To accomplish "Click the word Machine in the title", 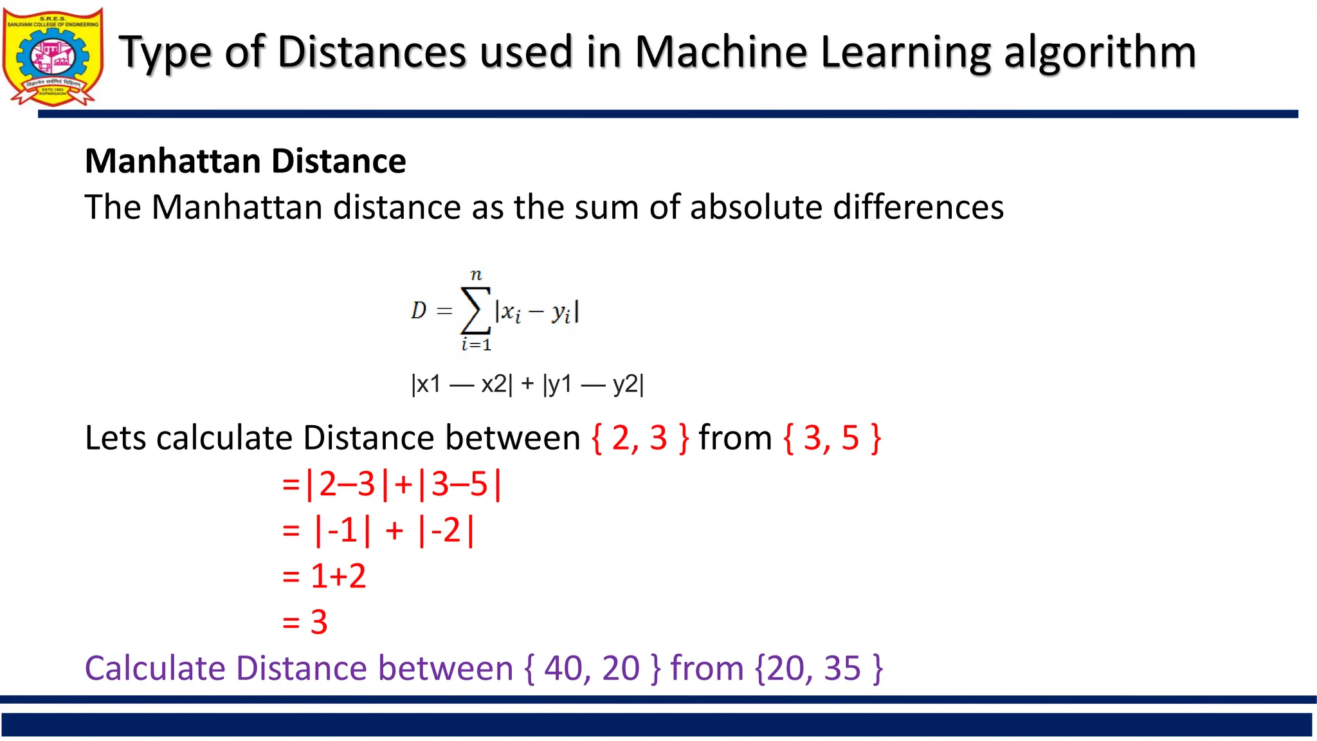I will click(x=721, y=51).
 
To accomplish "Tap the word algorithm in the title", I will click(x=1100, y=51).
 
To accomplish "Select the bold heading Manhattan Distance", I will click(x=245, y=161).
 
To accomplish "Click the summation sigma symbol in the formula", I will click(x=476, y=311).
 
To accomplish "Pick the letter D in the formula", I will click(x=419, y=311).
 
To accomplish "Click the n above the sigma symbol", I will click(x=476, y=275).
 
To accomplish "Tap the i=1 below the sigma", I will click(x=476, y=345).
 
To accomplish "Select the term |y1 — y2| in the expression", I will click(x=593, y=384).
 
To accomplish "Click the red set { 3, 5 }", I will click(x=832, y=438).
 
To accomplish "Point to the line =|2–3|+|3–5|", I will click(x=392, y=484).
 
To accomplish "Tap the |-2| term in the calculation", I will click(x=446, y=531).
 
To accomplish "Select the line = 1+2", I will click(x=324, y=576).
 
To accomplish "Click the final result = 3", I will click(x=305, y=622).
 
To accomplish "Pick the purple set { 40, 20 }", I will click(x=592, y=668).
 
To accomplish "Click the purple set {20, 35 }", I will click(x=818, y=668).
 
